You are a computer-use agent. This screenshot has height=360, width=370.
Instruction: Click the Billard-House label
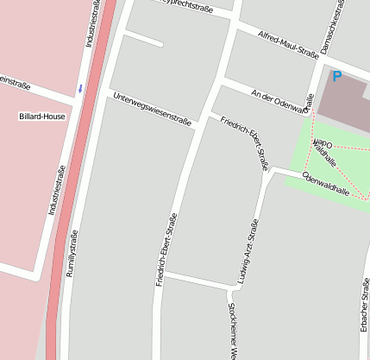tap(41, 115)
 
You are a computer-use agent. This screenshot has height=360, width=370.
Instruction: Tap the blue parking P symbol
tap(337, 76)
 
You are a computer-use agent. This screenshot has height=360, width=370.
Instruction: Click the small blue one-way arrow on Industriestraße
tap(80, 87)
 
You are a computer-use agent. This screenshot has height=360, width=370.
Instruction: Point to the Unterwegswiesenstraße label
tap(152, 110)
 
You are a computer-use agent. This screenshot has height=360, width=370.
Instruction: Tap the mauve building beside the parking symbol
tap(345, 104)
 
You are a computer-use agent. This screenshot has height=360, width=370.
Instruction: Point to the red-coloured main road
tap(78, 181)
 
